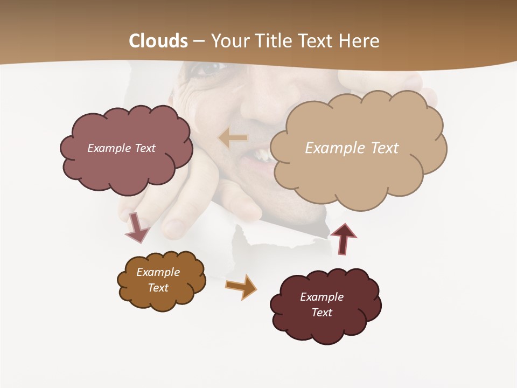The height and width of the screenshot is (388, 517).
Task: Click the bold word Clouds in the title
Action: coord(158,41)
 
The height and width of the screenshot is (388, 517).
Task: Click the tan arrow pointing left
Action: coord(233,138)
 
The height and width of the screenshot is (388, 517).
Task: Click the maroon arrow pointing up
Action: coord(343,238)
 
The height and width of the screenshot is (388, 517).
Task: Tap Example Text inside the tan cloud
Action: coord(352,148)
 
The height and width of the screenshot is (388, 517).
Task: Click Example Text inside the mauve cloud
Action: coord(121,148)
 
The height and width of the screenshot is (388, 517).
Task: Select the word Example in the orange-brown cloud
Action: coord(158,272)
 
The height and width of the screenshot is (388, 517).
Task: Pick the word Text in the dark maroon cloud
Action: coord(322,313)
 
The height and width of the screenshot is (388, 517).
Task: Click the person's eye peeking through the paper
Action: coord(207,68)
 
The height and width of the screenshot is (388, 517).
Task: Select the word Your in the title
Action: coord(229,41)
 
